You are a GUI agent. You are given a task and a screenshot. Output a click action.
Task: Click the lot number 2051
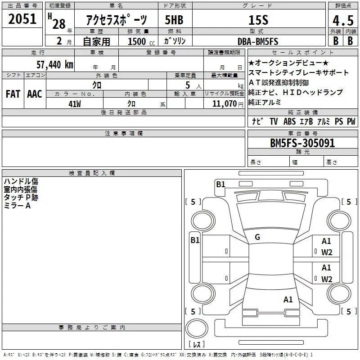[x=22, y=19]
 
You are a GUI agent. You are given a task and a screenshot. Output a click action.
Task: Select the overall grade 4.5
[x=343, y=20]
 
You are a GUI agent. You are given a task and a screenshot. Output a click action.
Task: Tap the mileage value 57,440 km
[x=55, y=65]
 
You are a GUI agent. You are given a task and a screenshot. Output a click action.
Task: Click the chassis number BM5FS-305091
[x=302, y=143]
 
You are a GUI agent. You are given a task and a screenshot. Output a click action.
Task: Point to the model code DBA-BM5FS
[x=258, y=41]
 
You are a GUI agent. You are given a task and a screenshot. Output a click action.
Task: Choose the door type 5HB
[x=174, y=20]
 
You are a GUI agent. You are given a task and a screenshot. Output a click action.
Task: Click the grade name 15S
[x=258, y=20]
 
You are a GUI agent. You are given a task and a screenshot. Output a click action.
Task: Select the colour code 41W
[x=75, y=104]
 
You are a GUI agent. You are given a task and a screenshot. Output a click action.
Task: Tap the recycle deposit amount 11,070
[x=224, y=104]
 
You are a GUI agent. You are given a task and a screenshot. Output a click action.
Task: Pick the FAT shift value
[x=13, y=94]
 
